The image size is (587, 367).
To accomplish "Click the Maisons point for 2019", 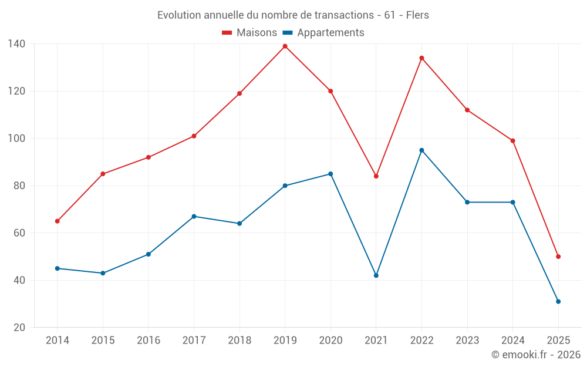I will (x=285, y=46).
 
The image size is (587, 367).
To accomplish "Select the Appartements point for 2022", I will (x=421, y=150).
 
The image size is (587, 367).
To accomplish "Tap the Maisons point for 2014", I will (x=57, y=221).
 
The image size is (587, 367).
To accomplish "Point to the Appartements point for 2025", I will (x=558, y=301).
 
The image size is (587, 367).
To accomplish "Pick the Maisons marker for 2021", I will (x=376, y=176).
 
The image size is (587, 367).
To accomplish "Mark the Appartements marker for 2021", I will (x=376, y=275).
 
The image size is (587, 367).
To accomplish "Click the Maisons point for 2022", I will (x=421, y=58).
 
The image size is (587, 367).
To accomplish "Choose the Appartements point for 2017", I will (x=194, y=217).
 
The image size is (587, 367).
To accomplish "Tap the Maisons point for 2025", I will (x=558, y=257).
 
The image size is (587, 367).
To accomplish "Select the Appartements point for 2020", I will (x=330, y=174).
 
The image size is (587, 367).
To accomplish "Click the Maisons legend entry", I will (x=249, y=33).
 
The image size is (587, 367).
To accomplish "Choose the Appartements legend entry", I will (x=323, y=33).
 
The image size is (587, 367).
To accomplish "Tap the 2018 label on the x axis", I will (x=239, y=341).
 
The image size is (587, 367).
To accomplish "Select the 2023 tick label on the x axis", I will (x=467, y=341).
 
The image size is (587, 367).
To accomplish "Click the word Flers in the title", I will (x=417, y=15).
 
